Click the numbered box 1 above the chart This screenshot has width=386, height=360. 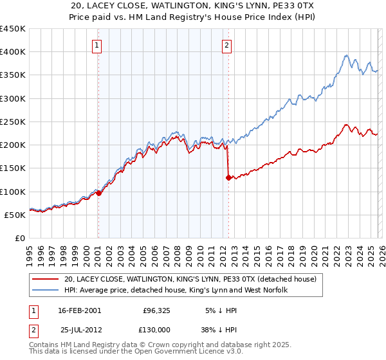96,45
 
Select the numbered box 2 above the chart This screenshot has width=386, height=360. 228,45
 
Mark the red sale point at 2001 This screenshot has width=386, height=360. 99,193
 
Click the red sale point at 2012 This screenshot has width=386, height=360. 228,177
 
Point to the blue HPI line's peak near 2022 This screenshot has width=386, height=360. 346,55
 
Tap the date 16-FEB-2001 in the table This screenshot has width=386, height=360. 79,310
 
